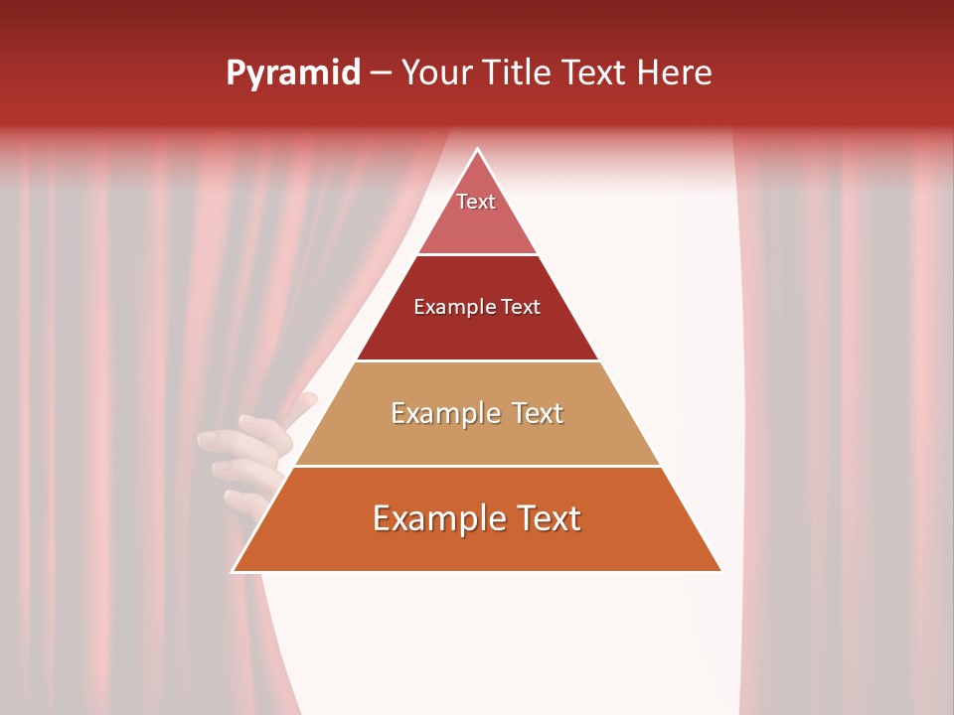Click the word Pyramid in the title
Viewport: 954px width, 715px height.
292,73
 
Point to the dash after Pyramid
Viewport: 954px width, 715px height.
380,73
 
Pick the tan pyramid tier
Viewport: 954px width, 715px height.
477,437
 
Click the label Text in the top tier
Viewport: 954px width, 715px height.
476,202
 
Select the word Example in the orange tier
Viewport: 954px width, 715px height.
434,518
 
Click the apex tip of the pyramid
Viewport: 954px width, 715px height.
478,150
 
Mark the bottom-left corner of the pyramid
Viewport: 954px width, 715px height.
234,571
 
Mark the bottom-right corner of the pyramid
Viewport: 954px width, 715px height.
720,571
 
